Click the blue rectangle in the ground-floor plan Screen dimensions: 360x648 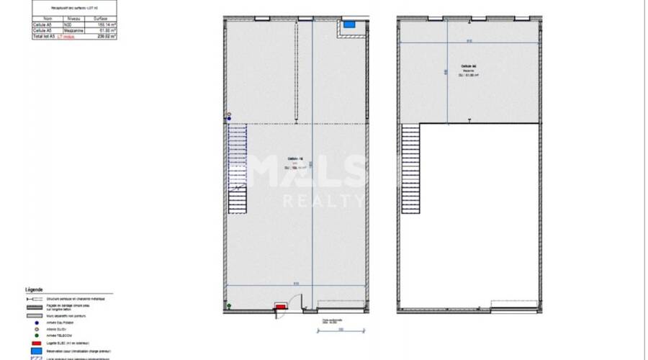[x=349, y=24]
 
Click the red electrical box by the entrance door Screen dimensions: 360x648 [x=280, y=307]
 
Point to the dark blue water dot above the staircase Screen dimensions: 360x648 [x=229, y=119]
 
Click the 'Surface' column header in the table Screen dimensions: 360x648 [x=100, y=19]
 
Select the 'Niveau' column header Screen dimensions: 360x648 [x=73, y=19]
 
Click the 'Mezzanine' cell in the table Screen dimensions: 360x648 [x=73, y=30]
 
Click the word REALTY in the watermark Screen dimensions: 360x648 [x=324, y=201]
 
